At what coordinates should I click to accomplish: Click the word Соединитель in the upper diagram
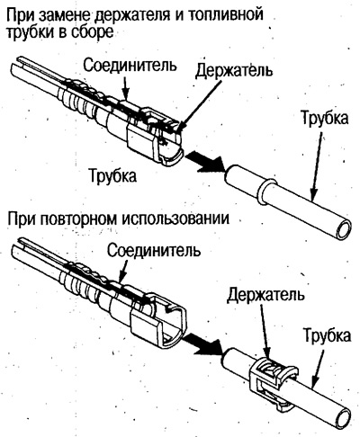pos(130,65)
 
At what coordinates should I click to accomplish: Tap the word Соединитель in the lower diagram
pos(154,250)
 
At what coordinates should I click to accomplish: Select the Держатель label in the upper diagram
pos(234,70)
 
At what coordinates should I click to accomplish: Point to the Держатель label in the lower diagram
pos(265,294)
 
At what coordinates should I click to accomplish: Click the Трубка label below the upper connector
pos(113,174)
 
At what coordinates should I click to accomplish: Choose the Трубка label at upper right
pos(325,118)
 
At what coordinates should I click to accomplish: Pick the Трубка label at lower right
pos(327,334)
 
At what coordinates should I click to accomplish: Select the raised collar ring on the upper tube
pos(265,192)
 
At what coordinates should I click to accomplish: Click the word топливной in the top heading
pos(227,15)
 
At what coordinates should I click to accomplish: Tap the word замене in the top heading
pos(63,16)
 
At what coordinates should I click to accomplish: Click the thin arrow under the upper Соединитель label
pos(127,87)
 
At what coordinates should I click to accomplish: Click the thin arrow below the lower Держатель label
pos(265,331)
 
